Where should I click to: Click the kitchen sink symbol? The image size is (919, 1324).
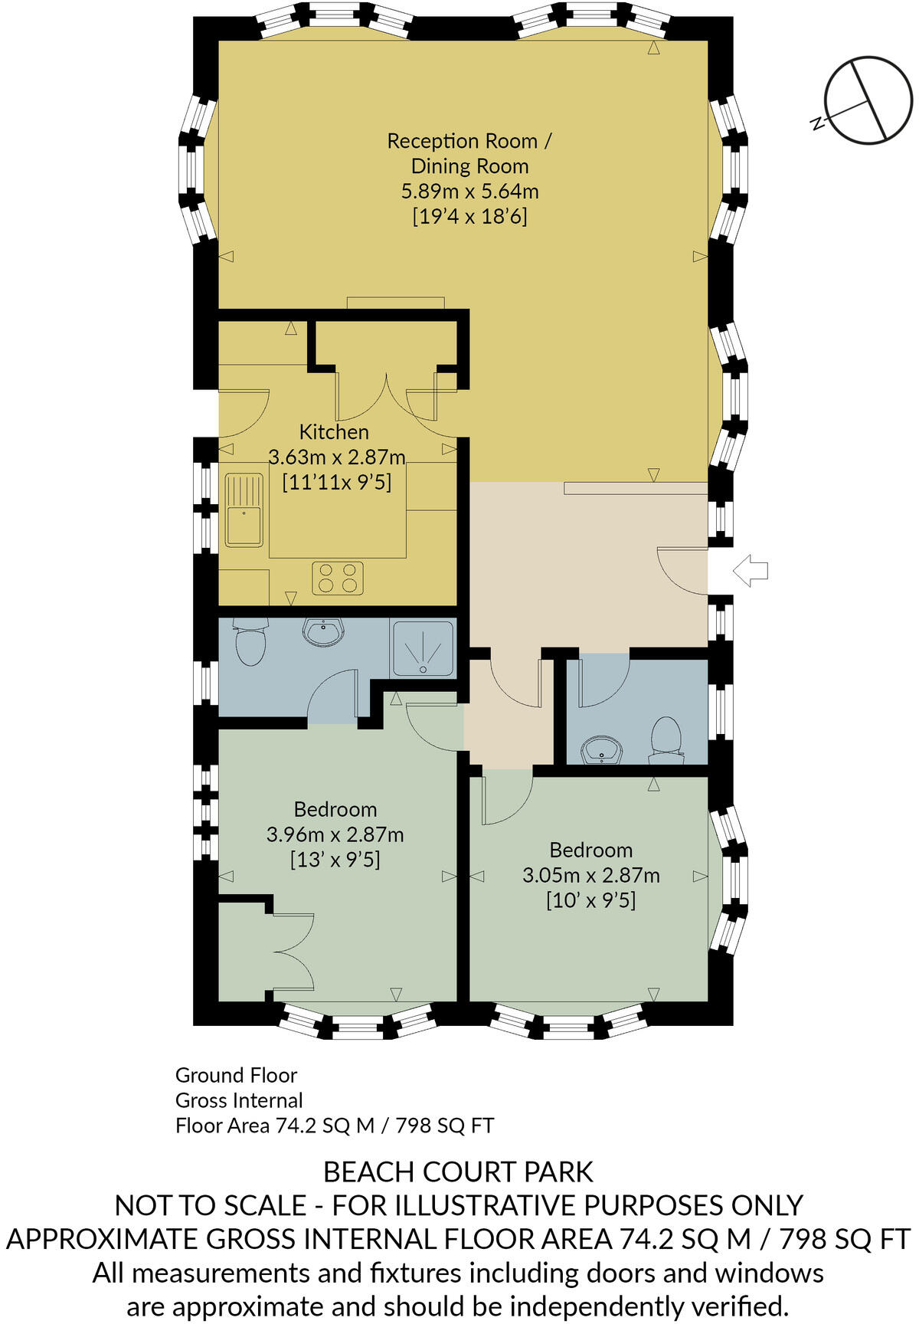tap(244, 510)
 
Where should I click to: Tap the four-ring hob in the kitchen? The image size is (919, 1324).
tap(338, 578)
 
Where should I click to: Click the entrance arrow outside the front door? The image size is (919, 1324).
tap(750, 571)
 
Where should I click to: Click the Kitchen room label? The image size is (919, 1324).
tap(334, 432)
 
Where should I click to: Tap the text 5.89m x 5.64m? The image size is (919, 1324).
tap(469, 191)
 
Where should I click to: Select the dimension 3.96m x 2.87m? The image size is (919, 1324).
tap(335, 834)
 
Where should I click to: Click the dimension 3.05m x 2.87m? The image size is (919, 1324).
tap(590, 875)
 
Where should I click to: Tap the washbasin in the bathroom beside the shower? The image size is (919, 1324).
tap(323, 634)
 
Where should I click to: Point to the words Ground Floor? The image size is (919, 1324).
tap(236, 1075)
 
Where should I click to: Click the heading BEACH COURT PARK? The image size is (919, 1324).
tap(458, 1172)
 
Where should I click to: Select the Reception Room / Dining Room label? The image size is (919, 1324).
tap(469, 153)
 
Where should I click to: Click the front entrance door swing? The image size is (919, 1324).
tap(680, 571)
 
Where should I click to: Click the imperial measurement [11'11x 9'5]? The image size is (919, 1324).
tap(336, 483)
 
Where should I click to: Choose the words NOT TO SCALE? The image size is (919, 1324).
tap(211, 1206)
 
